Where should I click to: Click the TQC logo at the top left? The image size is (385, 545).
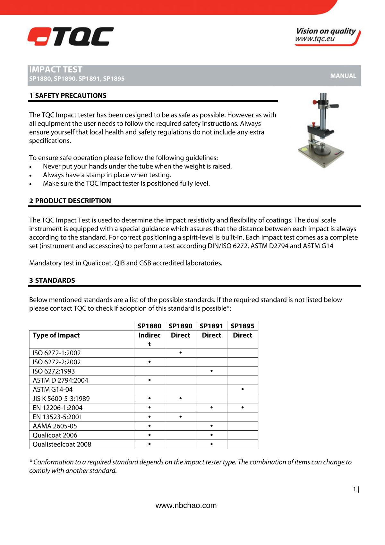click(x=70, y=37)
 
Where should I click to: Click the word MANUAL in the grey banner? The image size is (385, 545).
click(x=343, y=76)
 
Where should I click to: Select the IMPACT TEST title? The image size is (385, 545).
click(x=56, y=70)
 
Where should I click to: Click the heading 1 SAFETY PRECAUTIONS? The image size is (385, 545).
click(x=68, y=96)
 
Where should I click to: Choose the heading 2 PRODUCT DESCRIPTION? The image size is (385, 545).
click(x=70, y=201)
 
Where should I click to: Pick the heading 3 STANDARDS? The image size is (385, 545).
click(x=52, y=281)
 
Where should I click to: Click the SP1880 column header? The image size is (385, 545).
click(x=149, y=326)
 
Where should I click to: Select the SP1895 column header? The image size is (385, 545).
click(x=242, y=326)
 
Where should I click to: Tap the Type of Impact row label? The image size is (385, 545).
click(x=56, y=335)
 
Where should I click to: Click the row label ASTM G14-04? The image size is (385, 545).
click(x=53, y=390)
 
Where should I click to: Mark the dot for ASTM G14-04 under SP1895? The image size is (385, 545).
click(x=243, y=389)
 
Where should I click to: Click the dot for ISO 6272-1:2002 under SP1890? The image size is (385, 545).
click(x=181, y=353)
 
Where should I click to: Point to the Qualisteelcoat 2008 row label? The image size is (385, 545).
click(x=62, y=445)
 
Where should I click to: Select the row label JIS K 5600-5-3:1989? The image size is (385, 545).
click(x=61, y=399)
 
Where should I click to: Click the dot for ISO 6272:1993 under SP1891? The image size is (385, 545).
click(x=211, y=371)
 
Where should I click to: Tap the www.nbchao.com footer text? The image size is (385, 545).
click(x=186, y=506)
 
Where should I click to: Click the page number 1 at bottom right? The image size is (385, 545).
click(x=355, y=489)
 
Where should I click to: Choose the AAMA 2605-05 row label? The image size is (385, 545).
click(x=55, y=426)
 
